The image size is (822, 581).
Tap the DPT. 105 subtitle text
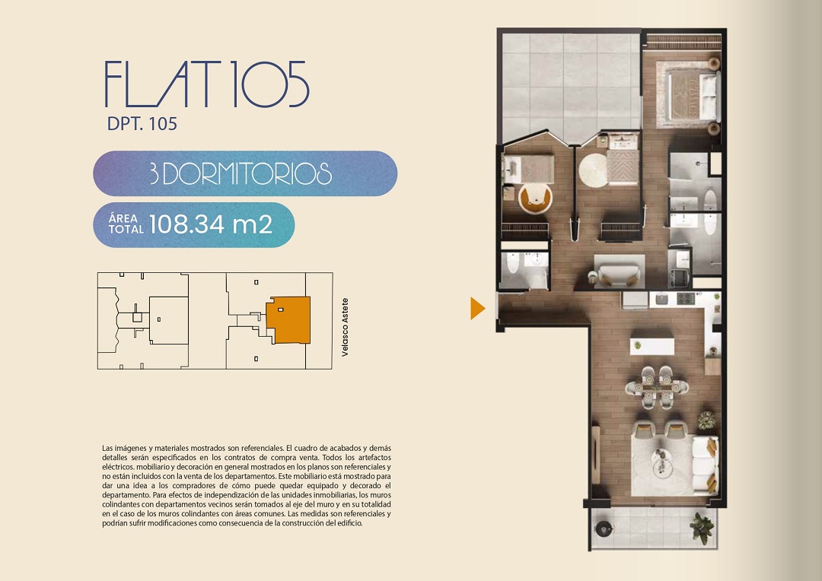pyautogui.click(x=142, y=124)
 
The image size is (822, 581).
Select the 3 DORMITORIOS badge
pyautogui.click(x=245, y=173)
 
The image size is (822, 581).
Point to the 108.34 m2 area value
pyautogui.click(x=211, y=224)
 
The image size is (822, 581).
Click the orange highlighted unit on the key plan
pyautogui.click(x=289, y=319)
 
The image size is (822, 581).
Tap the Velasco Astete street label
pyautogui.click(x=345, y=328)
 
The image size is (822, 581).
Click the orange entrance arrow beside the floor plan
pyautogui.click(x=477, y=308)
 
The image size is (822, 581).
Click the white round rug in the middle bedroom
pyautogui.click(x=593, y=170)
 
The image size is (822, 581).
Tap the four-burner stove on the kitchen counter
pyautogui.click(x=686, y=299)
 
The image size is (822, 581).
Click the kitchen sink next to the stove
pyautogui.click(x=661, y=299)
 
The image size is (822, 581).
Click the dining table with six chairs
pyautogui.click(x=657, y=388)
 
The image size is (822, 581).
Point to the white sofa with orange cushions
pyautogui.click(x=706, y=465)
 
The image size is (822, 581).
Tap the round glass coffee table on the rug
pyautogui.click(x=661, y=463)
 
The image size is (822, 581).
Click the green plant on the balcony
pyautogui.click(x=702, y=528)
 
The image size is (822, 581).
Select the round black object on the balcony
pyautogui.click(x=604, y=529)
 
